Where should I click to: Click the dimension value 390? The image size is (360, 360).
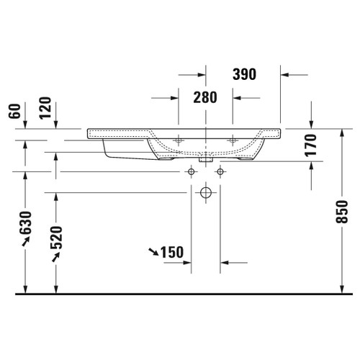pyautogui.click(x=246, y=74)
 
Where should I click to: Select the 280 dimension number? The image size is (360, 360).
pyautogui.click(x=205, y=98)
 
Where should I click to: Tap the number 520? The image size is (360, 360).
pyautogui.click(x=58, y=235)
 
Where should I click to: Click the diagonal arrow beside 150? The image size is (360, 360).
pyautogui.click(x=153, y=251)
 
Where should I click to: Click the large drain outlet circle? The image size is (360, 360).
pyautogui.click(x=206, y=193)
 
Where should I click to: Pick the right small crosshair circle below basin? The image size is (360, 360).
pyautogui.click(x=220, y=172)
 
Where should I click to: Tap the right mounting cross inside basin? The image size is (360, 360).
pyautogui.click(x=233, y=139)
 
